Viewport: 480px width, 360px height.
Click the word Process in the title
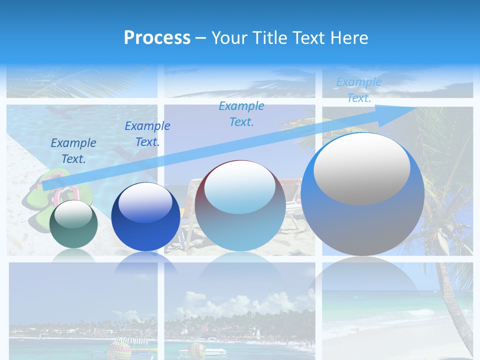click(157, 38)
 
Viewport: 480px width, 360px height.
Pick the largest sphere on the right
click(362, 195)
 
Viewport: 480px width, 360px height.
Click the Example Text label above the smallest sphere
click(73, 151)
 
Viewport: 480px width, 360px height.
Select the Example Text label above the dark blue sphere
click(147, 134)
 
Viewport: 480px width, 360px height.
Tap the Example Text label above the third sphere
click(241, 114)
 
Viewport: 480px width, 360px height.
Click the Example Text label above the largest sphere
click(358, 90)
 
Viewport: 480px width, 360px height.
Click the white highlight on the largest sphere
click(361, 169)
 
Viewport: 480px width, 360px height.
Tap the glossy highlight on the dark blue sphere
click(145, 203)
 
